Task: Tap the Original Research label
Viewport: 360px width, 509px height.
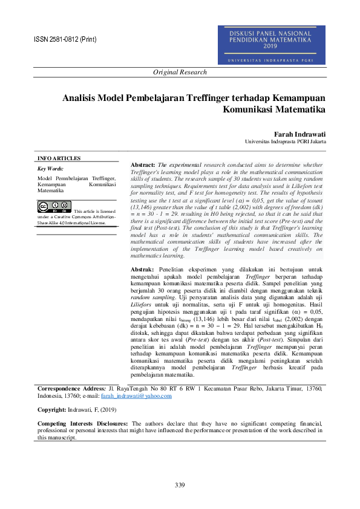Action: click(x=180, y=73)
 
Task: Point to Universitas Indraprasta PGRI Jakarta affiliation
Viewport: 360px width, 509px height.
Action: click(x=286, y=141)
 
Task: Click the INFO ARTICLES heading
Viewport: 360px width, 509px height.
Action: click(x=59, y=158)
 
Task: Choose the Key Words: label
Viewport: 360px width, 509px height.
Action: click(x=50, y=169)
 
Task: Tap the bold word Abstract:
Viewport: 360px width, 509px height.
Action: click(x=143, y=165)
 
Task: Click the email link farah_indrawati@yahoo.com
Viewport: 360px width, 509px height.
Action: click(x=136, y=396)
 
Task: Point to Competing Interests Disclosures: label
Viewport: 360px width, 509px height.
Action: click(x=83, y=424)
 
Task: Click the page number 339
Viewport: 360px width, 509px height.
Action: click(x=180, y=485)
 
